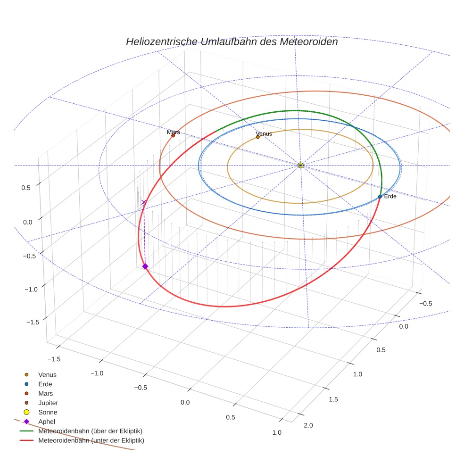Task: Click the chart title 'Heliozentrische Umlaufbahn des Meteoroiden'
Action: [232, 41]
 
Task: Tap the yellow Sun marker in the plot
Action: [300, 165]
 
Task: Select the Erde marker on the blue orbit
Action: [380, 197]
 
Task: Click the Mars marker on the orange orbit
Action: [173, 136]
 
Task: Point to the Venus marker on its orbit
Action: [257, 137]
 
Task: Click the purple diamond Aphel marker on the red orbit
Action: [145, 266]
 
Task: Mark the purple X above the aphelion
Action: [144, 202]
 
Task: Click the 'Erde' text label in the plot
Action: [390, 196]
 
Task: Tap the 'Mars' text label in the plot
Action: [173, 132]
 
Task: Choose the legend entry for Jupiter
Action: [48, 403]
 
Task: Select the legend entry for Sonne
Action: [48, 412]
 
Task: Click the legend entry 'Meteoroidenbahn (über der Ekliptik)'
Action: [90, 431]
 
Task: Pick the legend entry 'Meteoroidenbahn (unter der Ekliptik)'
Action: [91, 440]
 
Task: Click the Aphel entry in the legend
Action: [47, 422]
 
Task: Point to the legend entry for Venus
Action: [47, 374]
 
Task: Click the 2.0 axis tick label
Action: [308, 425]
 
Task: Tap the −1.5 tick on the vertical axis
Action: [32, 322]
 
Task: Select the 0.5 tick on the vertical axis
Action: [26, 187]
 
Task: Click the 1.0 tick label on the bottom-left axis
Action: [277, 432]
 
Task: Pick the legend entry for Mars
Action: [45, 393]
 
